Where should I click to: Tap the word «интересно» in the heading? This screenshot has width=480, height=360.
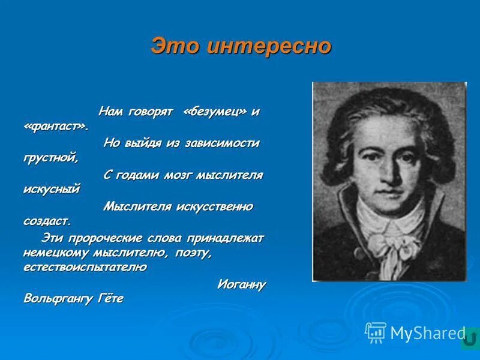[x=269, y=46]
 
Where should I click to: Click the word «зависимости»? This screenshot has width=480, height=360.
[x=224, y=143]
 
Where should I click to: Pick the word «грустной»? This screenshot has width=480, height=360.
[x=50, y=158]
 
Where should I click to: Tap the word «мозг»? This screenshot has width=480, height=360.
[x=184, y=175]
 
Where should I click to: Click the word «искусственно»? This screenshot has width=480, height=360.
[x=214, y=206]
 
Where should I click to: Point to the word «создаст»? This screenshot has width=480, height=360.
[x=47, y=221]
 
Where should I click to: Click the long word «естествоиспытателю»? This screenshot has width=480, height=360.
[x=85, y=267]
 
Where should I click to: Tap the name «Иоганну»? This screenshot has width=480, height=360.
[x=241, y=284]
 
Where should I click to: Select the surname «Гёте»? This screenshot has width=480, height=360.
[x=110, y=298]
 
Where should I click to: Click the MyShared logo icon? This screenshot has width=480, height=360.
[x=376, y=332]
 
